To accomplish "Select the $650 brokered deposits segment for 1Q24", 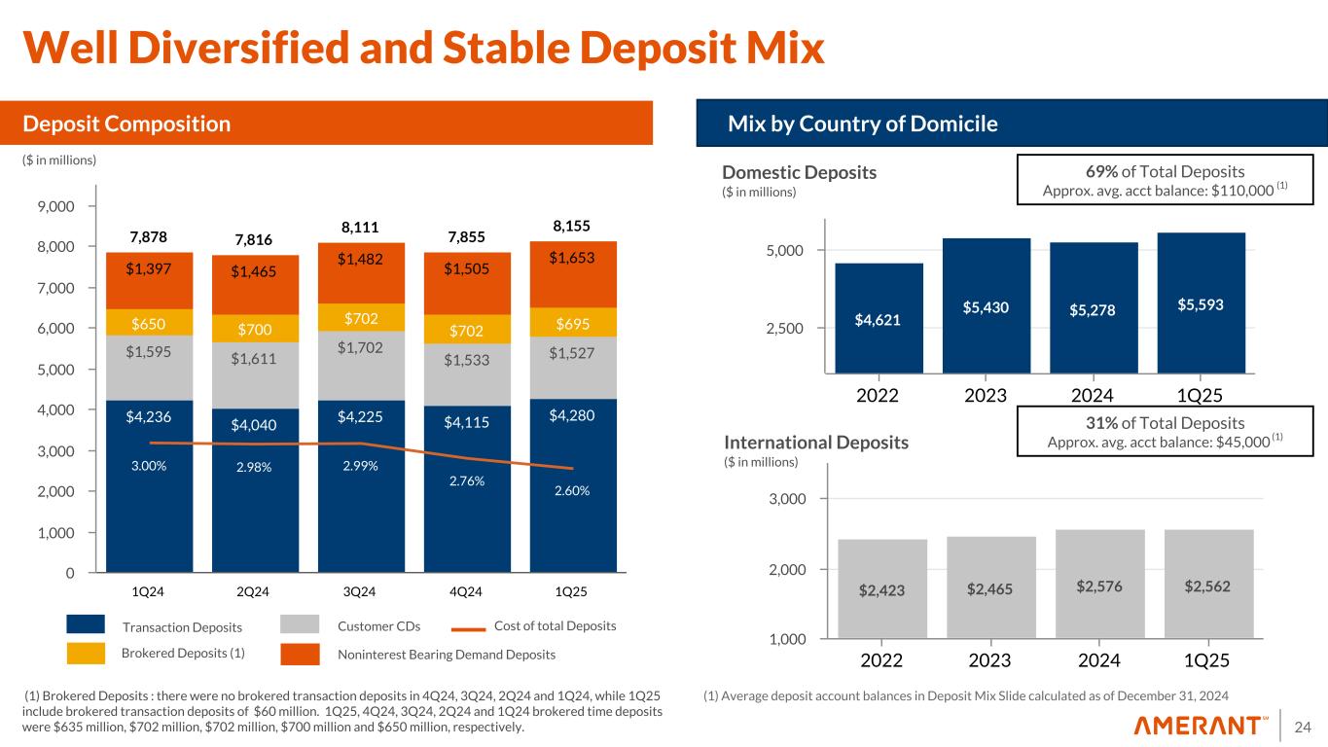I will tap(149, 322).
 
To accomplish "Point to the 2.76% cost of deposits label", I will tap(467, 478).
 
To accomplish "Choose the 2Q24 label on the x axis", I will tap(254, 590).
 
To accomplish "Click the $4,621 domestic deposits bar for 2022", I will tap(879, 318).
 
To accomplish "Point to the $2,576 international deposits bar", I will tap(1097, 587).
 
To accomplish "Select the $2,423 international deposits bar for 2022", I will tap(881, 589).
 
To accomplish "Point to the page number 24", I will tap(1307, 726).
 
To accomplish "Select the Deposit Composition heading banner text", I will tap(126, 124).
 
